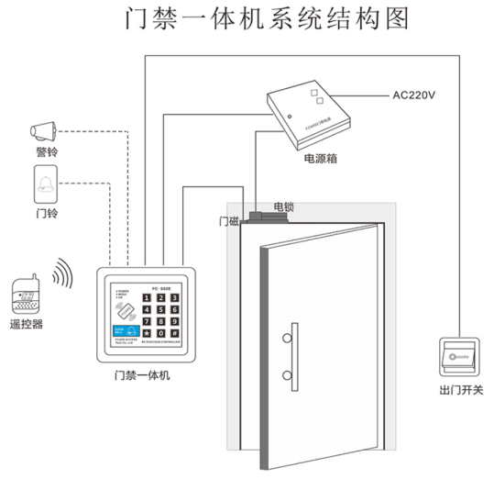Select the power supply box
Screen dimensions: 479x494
tap(313, 114)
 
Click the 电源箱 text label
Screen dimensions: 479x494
tap(322, 159)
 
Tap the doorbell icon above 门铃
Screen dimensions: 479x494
tap(46, 186)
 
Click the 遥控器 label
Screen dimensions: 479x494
tap(27, 325)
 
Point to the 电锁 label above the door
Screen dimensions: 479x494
tap(283, 207)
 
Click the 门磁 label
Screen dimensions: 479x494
tap(229, 221)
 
